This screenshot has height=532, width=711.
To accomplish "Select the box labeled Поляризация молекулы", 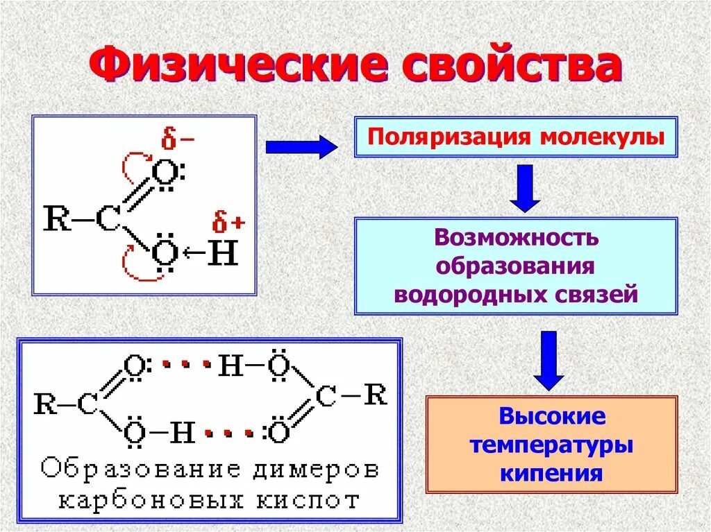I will click(516, 136).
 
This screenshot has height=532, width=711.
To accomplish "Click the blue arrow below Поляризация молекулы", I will click(525, 187).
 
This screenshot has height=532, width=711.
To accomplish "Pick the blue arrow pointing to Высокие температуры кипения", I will click(549, 359).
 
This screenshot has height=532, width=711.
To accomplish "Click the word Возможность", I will click(516, 238).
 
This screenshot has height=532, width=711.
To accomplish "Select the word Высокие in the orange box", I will click(552, 417).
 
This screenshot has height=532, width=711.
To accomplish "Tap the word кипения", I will click(551, 474).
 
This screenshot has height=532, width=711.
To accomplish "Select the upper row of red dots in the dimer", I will click(185, 363).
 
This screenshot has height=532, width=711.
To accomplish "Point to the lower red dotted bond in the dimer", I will click(229, 434).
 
